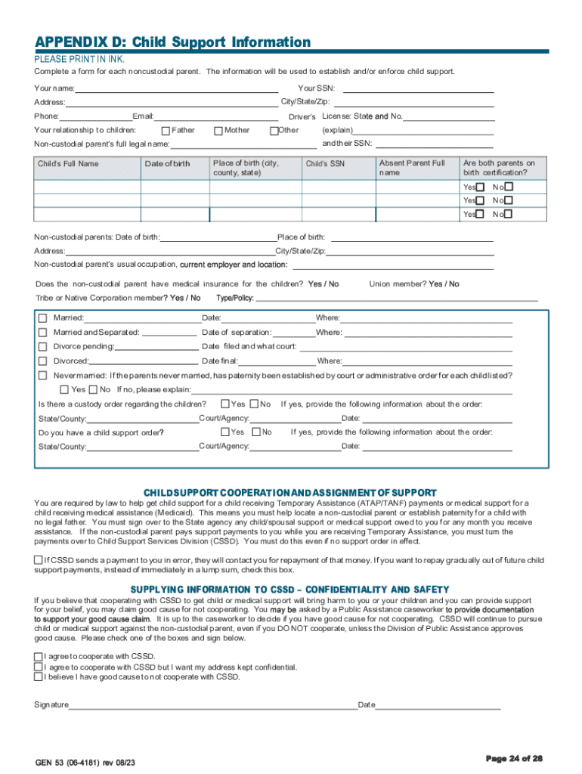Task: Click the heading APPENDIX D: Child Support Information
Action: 172,42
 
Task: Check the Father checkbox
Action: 166,131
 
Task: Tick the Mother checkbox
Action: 218,131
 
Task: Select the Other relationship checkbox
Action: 274,131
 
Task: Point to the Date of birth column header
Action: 167,164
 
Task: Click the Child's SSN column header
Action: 325,164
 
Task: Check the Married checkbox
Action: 43,318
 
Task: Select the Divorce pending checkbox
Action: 43,347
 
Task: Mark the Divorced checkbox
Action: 43,361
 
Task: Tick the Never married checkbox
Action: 43,376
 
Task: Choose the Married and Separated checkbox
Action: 43,333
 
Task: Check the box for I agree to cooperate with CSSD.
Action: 38,657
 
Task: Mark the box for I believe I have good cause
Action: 38,677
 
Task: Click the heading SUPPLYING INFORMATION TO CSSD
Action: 290,590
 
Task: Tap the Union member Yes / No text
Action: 413,284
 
